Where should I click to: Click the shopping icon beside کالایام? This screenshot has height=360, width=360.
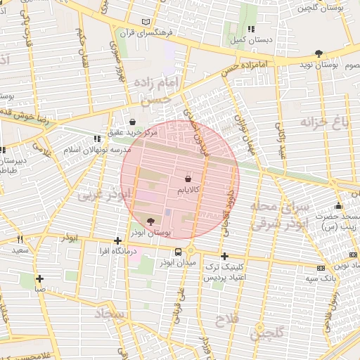tap(188, 180)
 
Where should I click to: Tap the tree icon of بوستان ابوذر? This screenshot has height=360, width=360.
tap(150, 221)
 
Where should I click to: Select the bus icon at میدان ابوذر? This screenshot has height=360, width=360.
tap(179, 252)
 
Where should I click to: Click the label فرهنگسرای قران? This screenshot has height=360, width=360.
tap(178, 32)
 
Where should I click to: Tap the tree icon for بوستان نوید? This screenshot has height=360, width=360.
tap(319, 53)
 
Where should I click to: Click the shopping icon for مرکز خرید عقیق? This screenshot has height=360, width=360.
tap(133, 122)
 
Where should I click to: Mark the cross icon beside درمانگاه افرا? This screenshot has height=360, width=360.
tap(117, 240)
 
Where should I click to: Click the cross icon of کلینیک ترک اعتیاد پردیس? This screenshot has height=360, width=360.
tap(224, 257)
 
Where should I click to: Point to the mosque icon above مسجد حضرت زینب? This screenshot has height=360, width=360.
tap(338, 206)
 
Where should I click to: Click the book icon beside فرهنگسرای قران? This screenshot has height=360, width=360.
tap(146, 22)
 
